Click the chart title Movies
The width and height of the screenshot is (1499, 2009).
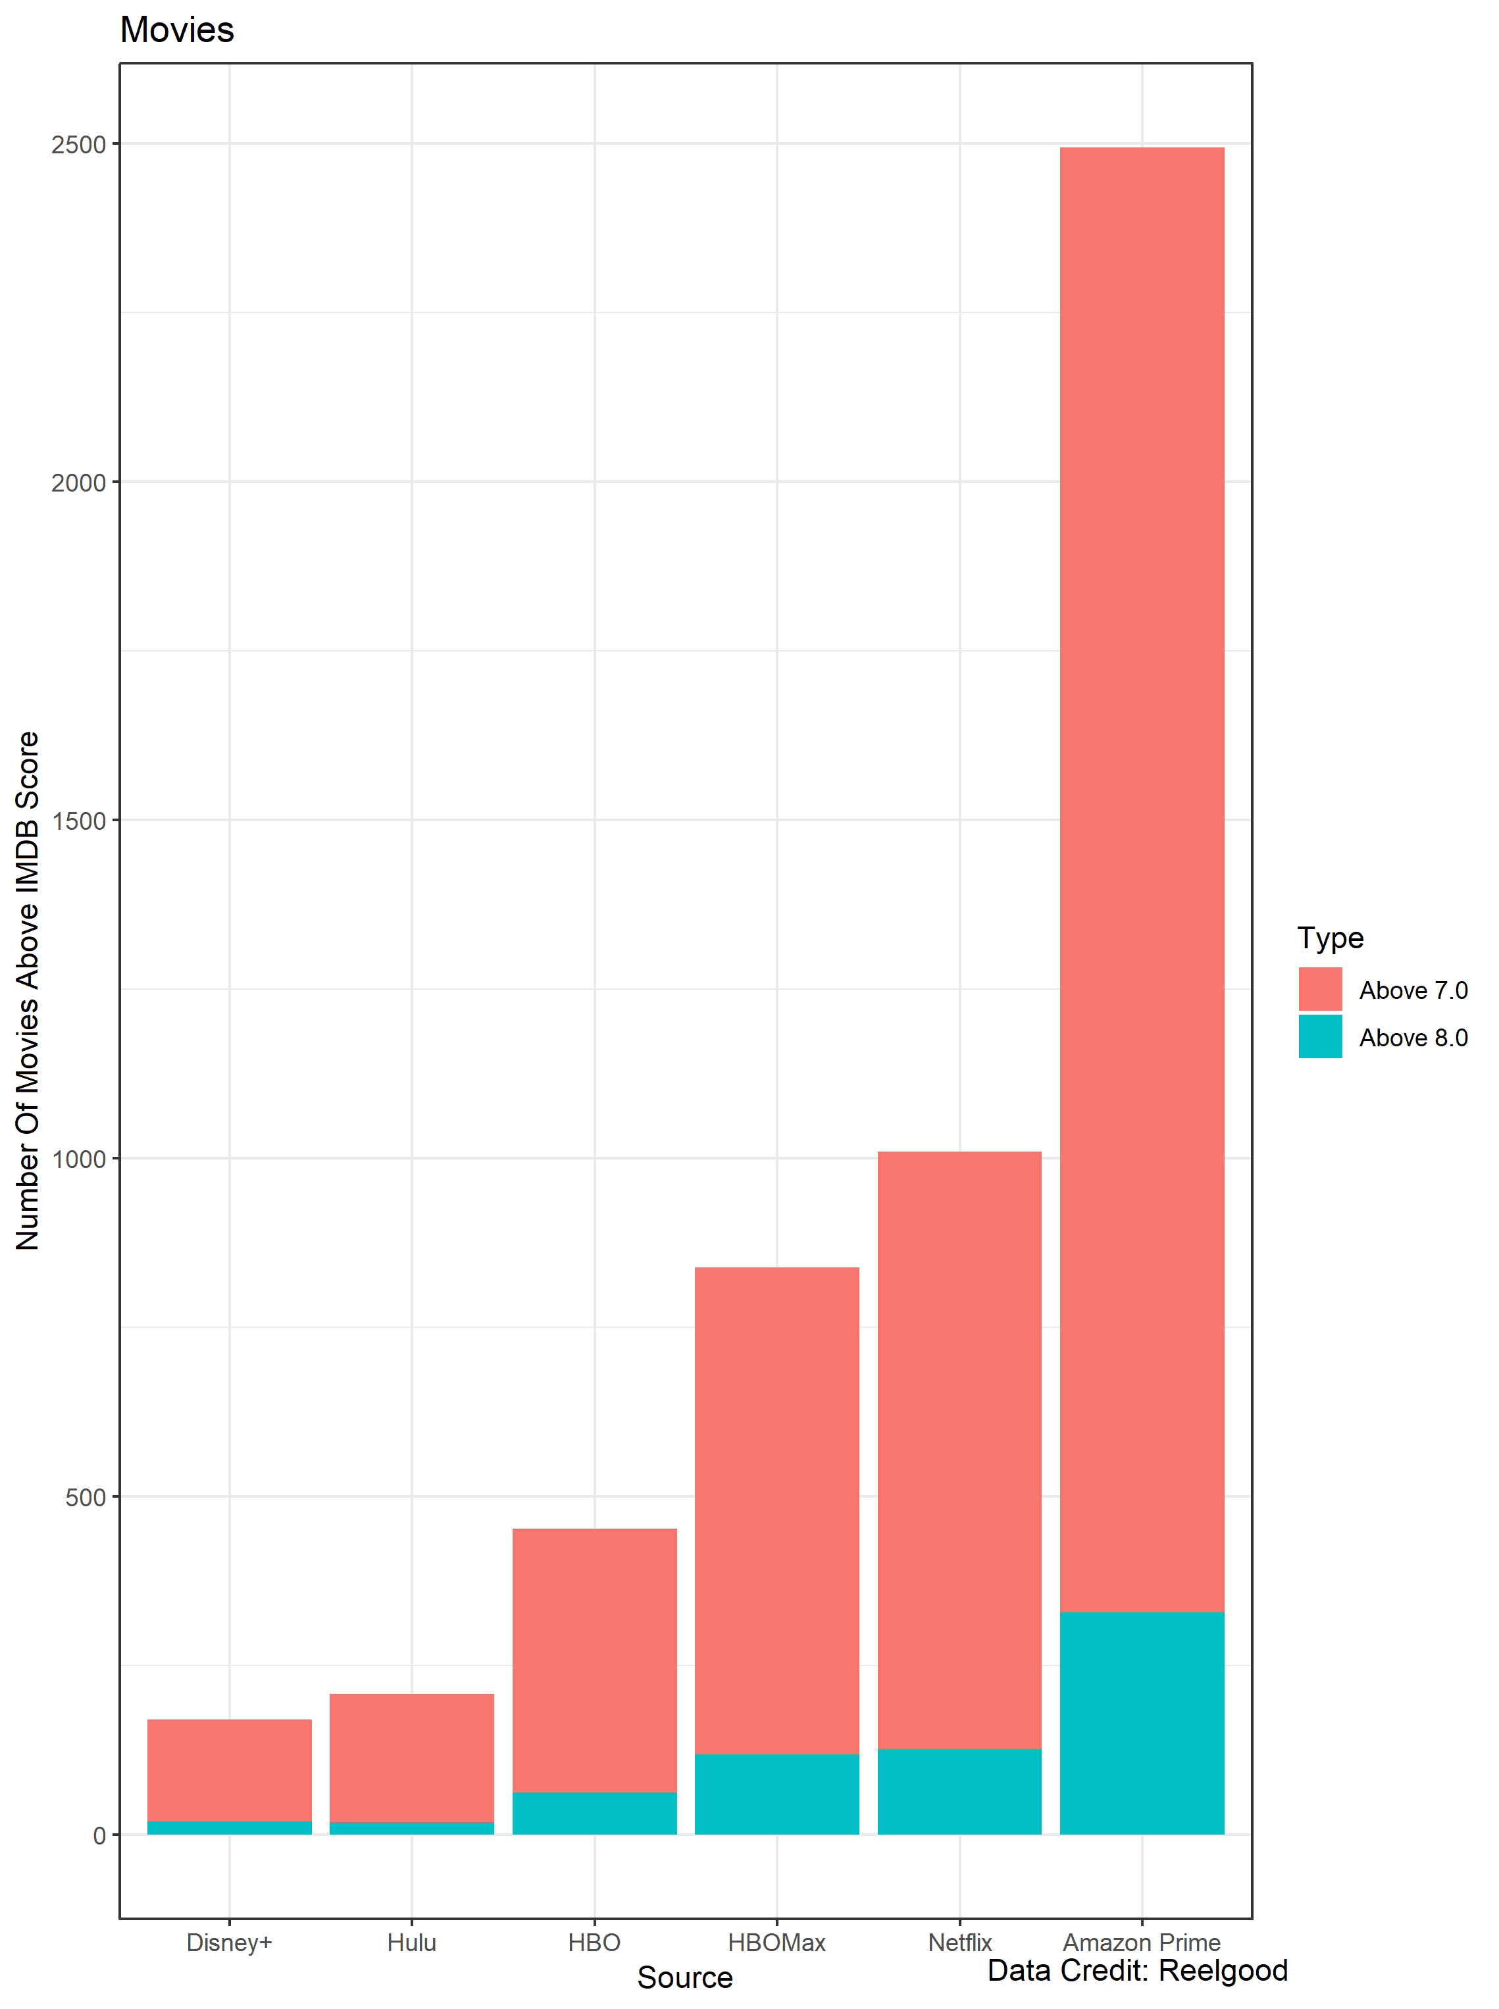(177, 30)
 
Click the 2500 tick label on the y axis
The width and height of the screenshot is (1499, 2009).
(79, 145)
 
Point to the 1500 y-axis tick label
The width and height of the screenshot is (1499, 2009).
(79, 821)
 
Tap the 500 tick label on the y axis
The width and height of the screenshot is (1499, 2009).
(86, 1497)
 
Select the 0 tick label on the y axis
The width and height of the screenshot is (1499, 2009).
(100, 1836)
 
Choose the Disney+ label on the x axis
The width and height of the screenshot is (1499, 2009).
(230, 1943)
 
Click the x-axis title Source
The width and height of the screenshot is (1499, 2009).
(684, 1977)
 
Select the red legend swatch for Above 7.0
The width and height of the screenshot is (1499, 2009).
(1319, 989)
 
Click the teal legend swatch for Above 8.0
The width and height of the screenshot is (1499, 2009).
(1319, 1036)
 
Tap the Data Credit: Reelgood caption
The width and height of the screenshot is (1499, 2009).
(1137, 1970)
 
